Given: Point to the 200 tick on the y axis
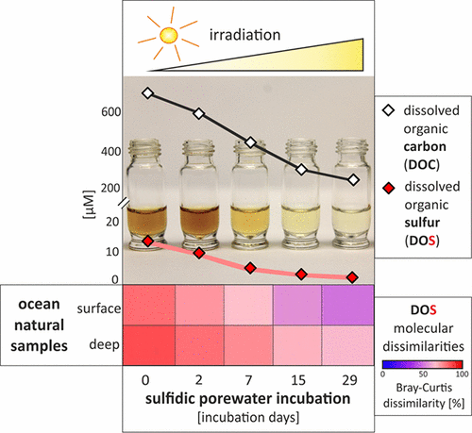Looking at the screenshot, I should (112, 188).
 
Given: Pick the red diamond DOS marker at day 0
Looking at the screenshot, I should (147, 241).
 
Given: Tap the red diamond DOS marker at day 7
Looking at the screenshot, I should (250, 268).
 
